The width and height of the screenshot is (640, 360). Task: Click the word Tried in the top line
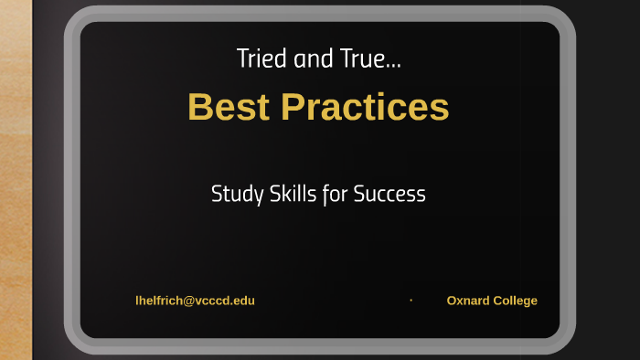coord(258,60)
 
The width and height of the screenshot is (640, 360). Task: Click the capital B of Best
coord(199,107)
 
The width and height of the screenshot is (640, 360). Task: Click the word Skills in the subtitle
coord(292,194)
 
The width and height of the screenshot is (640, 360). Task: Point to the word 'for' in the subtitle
coord(335,194)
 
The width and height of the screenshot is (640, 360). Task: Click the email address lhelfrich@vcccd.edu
coord(195,301)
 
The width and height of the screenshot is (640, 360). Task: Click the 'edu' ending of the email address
coord(244,301)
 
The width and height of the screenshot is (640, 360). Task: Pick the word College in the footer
coord(516,301)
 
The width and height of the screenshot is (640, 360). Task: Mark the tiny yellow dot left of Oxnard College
coord(411,300)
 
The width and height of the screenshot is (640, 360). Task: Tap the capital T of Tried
coord(242,60)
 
